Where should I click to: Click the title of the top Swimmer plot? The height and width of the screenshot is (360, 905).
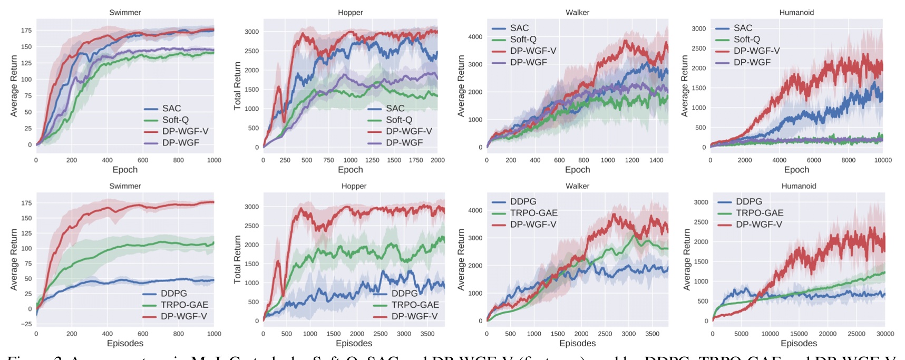[125, 12]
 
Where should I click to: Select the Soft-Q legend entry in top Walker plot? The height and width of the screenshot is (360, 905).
[523, 40]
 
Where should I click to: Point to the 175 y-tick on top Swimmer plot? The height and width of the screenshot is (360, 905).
[26, 31]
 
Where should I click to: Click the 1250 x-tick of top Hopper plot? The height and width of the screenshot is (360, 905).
[372, 160]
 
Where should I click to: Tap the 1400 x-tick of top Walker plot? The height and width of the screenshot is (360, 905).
[656, 160]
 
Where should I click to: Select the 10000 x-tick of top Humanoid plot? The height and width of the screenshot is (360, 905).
[883, 160]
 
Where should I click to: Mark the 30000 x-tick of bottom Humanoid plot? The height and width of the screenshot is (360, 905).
[885, 334]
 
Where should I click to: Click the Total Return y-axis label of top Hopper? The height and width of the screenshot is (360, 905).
[237, 86]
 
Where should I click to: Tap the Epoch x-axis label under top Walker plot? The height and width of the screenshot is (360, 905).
[577, 170]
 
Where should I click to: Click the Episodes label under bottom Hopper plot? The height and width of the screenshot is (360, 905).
[354, 344]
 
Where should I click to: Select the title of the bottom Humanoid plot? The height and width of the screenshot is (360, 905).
[799, 186]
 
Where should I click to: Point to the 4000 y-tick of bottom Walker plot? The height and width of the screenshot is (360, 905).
[475, 210]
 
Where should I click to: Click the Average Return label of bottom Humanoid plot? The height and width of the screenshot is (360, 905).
[686, 259]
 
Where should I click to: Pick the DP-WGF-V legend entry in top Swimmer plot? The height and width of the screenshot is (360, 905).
[185, 131]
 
